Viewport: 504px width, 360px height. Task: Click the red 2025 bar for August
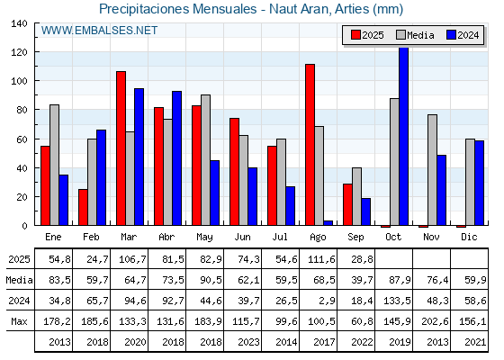click(x=310, y=145)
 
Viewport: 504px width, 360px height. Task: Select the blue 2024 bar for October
click(x=404, y=136)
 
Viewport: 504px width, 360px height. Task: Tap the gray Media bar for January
click(x=54, y=165)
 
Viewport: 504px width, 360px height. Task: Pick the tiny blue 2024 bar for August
click(x=328, y=223)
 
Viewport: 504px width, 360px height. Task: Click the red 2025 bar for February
click(x=83, y=207)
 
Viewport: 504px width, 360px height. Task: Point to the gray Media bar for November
click(x=432, y=170)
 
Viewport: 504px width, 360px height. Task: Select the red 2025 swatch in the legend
click(x=355, y=35)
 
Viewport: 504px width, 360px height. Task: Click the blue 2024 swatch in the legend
click(x=451, y=35)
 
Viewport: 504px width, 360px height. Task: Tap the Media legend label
click(x=420, y=35)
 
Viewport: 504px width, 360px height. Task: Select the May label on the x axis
click(x=205, y=238)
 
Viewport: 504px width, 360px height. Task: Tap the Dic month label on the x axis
click(x=469, y=237)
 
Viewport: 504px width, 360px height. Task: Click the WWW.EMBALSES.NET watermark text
click(x=99, y=31)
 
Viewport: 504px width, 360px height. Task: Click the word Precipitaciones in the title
click(x=144, y=9)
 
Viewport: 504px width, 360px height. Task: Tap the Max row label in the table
click(x=19, y=321)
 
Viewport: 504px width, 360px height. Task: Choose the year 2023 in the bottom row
click(x=248, y=342)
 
